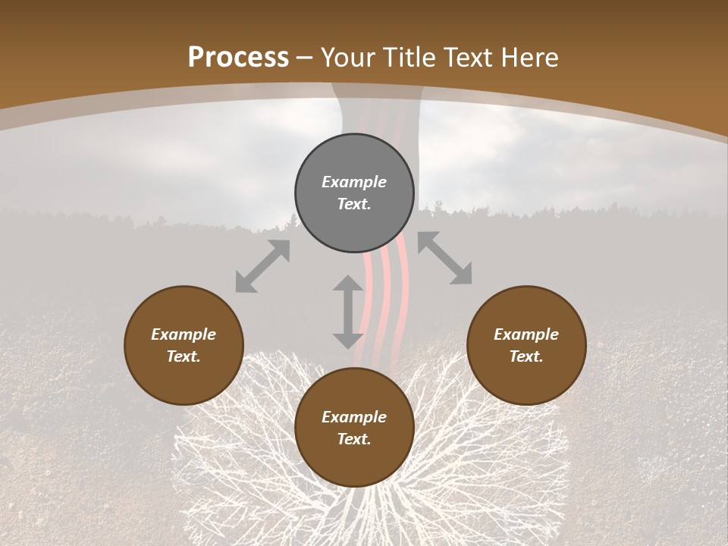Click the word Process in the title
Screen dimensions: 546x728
(238, 58)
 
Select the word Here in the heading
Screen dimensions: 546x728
(529, 58)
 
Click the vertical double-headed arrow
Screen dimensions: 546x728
(348, 312)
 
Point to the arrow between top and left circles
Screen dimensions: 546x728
(262, 266)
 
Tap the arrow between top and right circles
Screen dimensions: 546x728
(444, 258)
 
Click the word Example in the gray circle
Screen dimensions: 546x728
(354, 182)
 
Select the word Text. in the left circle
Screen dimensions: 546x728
(184, 356)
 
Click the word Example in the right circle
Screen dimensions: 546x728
(526, 334)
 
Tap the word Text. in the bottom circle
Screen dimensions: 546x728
(354, 439)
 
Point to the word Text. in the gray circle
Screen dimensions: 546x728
(354, 204)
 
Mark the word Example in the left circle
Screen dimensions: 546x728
(184, 334)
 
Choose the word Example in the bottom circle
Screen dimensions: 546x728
(354, 417)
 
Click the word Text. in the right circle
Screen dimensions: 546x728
(526, 356)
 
